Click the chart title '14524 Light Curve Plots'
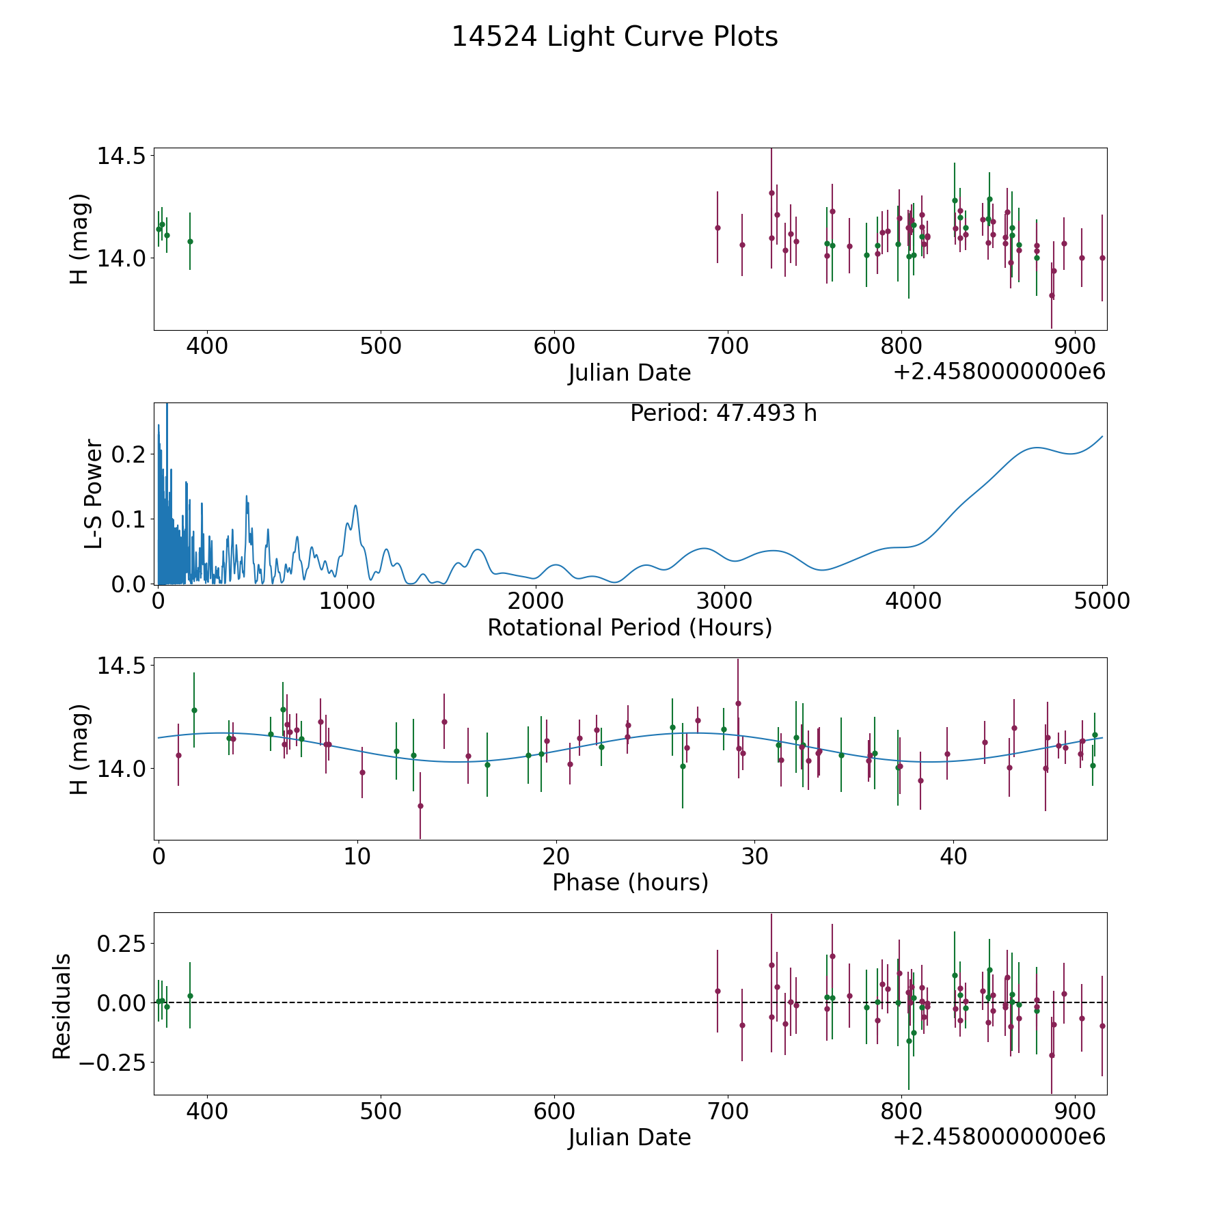(x=615, y=37)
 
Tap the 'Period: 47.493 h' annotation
(x=724, y=413)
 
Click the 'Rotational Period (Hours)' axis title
(x=630, y=627)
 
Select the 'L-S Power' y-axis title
(x=94, y=493)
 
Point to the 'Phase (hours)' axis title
(x=630, y=882)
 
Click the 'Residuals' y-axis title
(x=62, y=1007)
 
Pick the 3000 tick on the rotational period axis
(x=724, y=601)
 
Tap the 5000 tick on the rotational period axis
(x=1102, y=601)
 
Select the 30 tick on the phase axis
(x=754, y=856)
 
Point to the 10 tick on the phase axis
(x=357, y=856)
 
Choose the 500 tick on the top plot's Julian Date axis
(x=381, y=346)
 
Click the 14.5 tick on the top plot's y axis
(x=121, y=156)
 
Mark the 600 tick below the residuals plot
(x=554, y=1111)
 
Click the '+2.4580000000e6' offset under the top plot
(x=999, y=372)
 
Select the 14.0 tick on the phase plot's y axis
(x=121, y=769)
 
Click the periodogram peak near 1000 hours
(x=355, y=505)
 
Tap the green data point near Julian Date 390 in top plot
(x=190, y=241)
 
